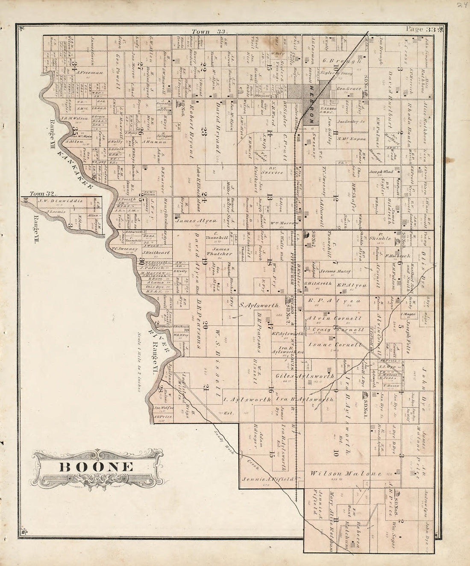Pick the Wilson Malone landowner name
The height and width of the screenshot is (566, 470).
(x=340, y=474)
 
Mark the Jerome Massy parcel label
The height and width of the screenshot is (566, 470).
(x=335, y=271)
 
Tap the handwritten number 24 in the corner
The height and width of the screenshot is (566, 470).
(x=461, y=6)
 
